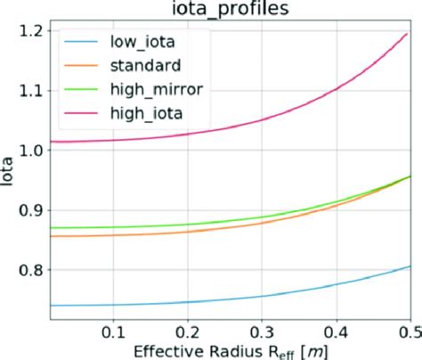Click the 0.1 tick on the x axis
point(112,331)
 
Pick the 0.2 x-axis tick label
point(186,331)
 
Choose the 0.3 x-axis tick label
point(261,331)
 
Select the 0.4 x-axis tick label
point(336,331)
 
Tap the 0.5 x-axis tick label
point(409,331)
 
